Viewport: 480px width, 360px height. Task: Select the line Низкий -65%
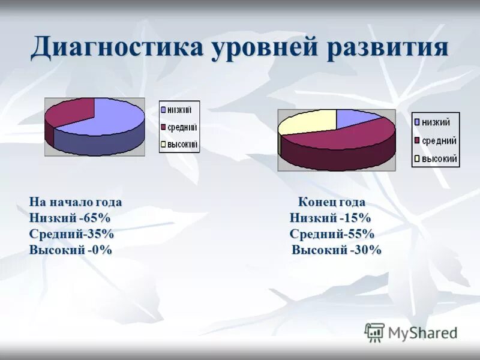click(x=70, y=218)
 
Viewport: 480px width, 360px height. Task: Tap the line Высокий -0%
click(x=70, y=250)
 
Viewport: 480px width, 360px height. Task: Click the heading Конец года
click(x=332, y=202)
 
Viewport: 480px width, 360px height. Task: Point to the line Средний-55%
click(x=332, y=234)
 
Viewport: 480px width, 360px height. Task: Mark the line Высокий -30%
click(x=336, y=250)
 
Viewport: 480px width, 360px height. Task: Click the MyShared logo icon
click(x=374, y=332)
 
